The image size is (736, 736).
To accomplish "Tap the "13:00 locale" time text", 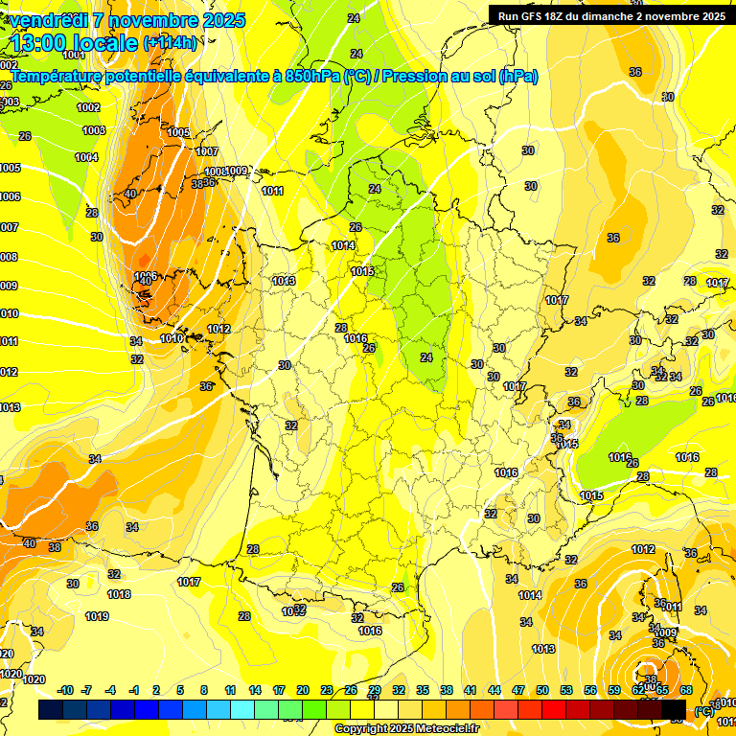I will click(73, 43).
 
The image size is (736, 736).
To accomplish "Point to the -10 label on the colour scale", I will click(65, 690).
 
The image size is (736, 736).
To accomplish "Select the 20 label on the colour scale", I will click(303, 690).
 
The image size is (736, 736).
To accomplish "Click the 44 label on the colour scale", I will click(494, 690).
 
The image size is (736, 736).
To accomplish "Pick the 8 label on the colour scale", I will click(204, 690).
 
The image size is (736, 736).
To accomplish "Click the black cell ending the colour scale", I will click(674, 709).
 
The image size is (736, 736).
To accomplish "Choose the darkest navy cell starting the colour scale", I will click(51, 709).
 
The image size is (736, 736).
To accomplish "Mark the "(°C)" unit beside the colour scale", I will click(704, 710).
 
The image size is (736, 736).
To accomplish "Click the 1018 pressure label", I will click(119, 594).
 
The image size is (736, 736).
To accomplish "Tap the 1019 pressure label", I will click(97, 616).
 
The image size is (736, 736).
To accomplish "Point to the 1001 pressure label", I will click(75, 82).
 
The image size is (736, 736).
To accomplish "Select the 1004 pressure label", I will click(86, 157).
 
